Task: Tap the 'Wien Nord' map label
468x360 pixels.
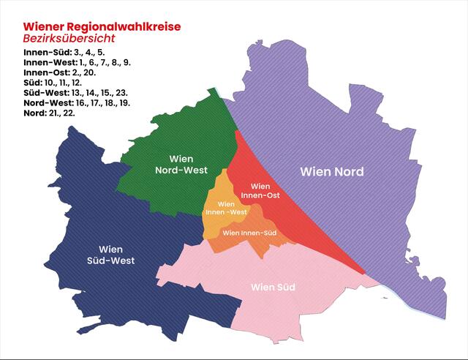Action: click(332, 172)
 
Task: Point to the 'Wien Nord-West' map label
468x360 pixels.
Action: click(181, 165)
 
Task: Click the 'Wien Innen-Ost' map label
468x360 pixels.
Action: click(265, 191)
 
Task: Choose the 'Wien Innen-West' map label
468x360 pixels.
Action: click(225, 208)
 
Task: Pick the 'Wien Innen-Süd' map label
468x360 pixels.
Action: click(249, 233)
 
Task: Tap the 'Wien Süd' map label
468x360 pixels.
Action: click(273, 287)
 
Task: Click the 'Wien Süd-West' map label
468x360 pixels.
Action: click(110, 254)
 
